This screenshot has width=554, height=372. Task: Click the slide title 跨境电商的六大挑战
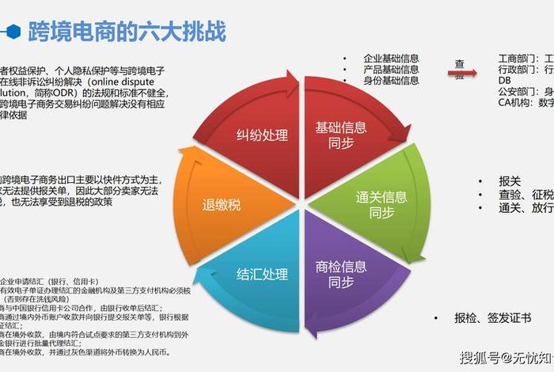127,32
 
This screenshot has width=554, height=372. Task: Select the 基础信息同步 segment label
340,135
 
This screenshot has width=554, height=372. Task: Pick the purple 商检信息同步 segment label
340,273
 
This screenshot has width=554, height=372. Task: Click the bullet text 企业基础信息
391,59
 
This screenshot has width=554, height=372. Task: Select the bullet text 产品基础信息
391,70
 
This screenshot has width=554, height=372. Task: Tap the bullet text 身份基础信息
391,81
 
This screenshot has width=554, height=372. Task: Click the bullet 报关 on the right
510,180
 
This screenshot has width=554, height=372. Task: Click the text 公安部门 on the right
519,91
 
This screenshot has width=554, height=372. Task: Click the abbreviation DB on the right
505,81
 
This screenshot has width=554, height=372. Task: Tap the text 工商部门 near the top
519,59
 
